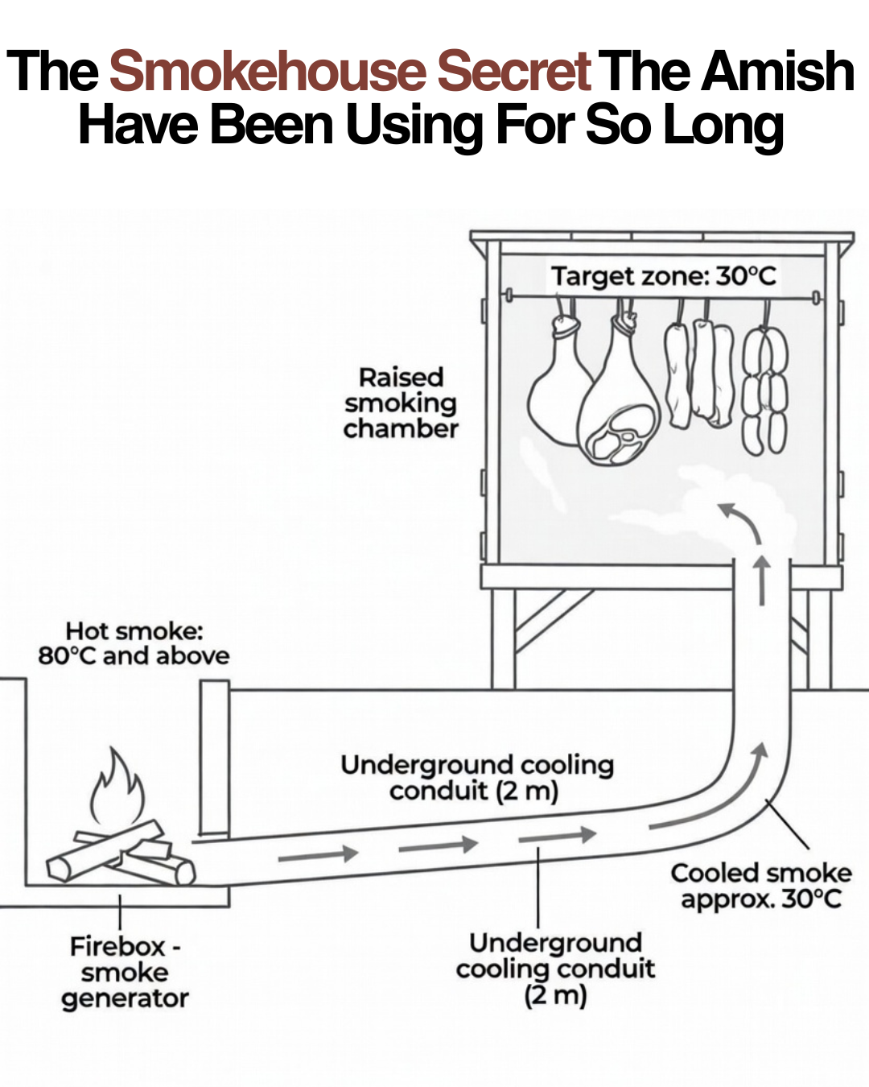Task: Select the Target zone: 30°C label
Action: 664,276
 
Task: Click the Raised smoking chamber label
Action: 401,403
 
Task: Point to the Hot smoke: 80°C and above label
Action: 134,643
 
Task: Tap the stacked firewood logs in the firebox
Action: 121,854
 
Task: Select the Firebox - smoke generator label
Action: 125,973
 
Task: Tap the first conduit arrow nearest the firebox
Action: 318,854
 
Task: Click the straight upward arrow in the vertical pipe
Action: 762,581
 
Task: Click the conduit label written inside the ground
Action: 476,779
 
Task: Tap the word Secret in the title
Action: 514,71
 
